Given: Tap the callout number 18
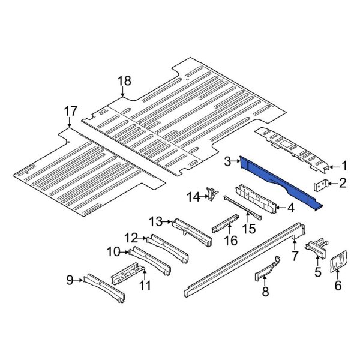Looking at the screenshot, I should pos(124,82).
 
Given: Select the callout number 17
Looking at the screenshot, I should pos(70,111).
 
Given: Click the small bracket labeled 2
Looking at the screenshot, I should pos(321,184).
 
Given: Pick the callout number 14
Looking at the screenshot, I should pos(193,196).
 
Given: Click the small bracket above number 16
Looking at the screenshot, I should pos(223,225).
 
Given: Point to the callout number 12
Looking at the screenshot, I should pos(131,238).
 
